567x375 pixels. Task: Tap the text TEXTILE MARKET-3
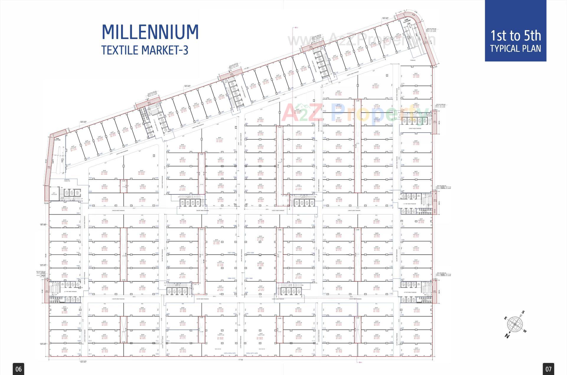[x=145, y=50]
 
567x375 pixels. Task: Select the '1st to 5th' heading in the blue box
[x=515, y=36]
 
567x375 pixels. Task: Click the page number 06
[x=18, y=369]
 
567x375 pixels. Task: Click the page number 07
[x=548, y=369]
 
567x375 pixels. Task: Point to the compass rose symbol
[x=515, y=324]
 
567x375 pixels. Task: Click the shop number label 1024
[x=69, y=165]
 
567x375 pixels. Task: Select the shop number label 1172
[x=403, y=84]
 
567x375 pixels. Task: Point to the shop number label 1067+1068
[x=231, y=253]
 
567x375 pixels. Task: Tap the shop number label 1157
[x=402, y=354]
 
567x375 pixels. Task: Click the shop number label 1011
[x=90, y=354]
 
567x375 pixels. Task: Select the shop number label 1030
[x=157, y=178]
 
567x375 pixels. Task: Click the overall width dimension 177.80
[x=240, y=360]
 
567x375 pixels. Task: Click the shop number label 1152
[x=391, y=293]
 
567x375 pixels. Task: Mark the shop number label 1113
[x=324, y=355]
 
